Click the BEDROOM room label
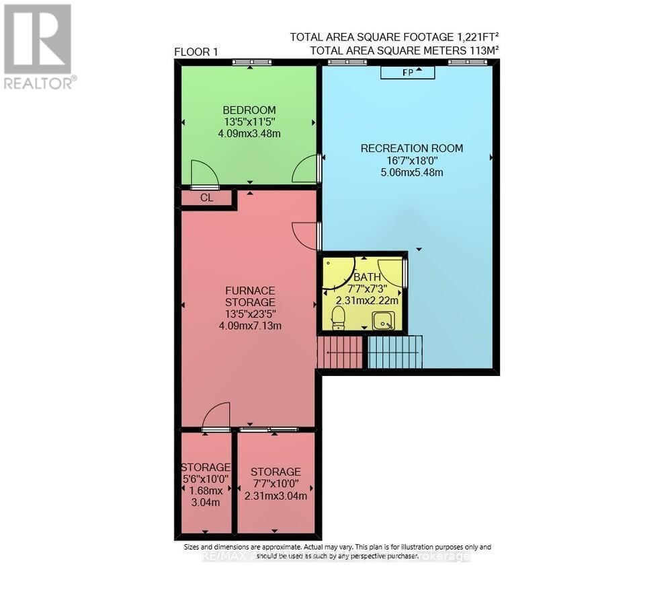pyautogui.click(x=249, y=110)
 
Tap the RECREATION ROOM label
pyautogui.click(x=411, y=148)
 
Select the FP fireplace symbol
pyautogui.click(x=408, y=72)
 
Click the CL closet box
pyautogui.click(x=206, y=198)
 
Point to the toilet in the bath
pyautogui.click(x=338, y=317)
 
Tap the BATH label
pyautogui.click(x=368, y=276)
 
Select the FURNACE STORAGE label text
pyautogui.click(x=249, y=297)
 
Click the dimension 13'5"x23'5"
pyautogui.click(x=249, y=314)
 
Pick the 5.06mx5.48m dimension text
pyautogui.click(x=411, y=172)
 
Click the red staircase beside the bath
pyautogui.click(x=341, y=352)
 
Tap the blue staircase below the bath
pyautogui.click(x=395, y=352)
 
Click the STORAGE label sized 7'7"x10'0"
pyautogui.click(x=276, y=472)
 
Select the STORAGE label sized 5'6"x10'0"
pyautogui.click(x=206, y=467)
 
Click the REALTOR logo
pyautogui.click(x=38, y=46)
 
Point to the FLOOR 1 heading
pyautogui.click(x=196, y=52)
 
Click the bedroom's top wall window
pyautogui.click(x=252, y=63)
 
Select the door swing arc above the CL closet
pyautogui.click(x=204, y=174)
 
